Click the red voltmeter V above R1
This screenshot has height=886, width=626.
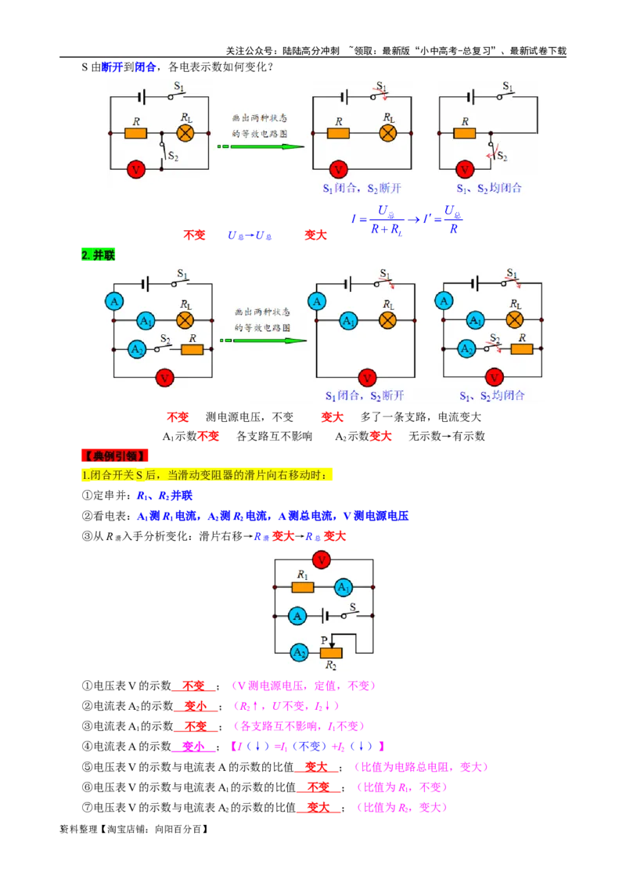click(321, 560)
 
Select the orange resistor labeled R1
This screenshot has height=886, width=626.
click(303, 587)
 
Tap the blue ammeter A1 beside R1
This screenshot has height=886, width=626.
click(344, 588)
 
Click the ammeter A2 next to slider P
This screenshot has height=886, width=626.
click(299, 652)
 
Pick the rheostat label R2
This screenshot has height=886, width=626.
click(332, 666)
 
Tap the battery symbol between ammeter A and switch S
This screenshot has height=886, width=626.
click(326, 617)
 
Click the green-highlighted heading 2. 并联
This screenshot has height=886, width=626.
click(98, 255)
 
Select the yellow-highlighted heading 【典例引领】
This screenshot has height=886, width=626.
click(114, 456)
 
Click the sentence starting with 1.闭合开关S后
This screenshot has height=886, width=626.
click(207, 474)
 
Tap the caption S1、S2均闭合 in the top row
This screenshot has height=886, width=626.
click(490, 189)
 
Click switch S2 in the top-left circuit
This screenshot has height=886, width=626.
click(163, 150)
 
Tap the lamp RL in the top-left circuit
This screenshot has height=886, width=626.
click(185, 133)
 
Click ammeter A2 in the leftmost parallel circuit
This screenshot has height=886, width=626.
click(138, 349)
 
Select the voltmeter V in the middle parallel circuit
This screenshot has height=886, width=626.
click(365, 377)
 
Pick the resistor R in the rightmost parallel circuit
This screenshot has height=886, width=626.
click(522, 348)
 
